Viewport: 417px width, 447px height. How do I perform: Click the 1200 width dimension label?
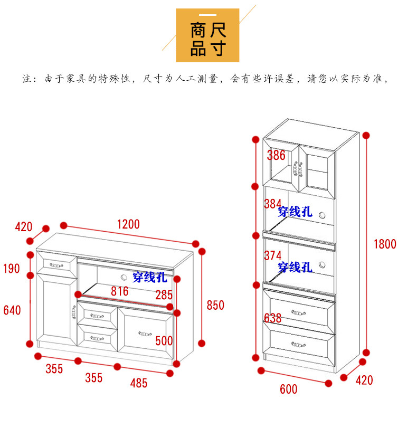(128, 224)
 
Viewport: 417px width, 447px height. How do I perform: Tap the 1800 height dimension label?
(384, 244)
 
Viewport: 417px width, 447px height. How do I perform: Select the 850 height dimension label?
(215, 305)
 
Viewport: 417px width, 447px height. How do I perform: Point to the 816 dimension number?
(119, 291)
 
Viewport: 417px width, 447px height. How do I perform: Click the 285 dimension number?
(164, 294)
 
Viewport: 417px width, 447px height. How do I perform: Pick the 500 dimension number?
(164, 341)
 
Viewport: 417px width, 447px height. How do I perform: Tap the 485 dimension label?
(138, 383)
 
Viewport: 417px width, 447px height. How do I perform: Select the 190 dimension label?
(11, 269)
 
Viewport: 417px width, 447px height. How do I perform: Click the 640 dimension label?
(12, 310)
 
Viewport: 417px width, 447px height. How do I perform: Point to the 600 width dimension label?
(288, 389)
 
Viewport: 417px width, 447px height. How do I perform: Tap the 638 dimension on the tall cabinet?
(273, 318)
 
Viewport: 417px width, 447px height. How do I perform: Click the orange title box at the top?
(207, 35)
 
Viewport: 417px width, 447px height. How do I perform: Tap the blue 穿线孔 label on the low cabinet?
(149, 276)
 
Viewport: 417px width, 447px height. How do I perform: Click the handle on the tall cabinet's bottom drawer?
(299, 345)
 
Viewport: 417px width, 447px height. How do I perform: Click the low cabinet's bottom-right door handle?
(144, 333)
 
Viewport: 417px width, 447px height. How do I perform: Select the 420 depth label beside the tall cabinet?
(364, 380)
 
